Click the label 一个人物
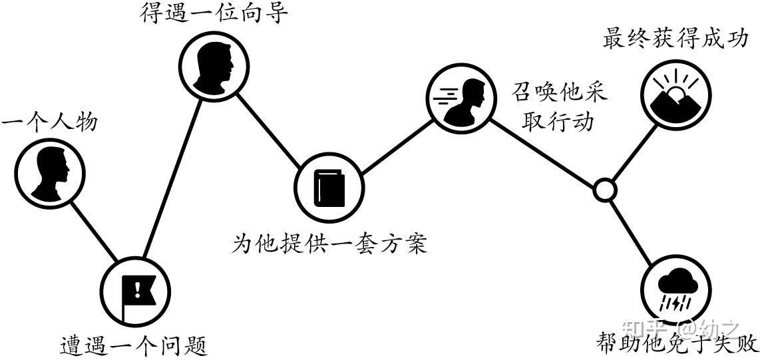click(x=50, y=123)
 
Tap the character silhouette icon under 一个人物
click(x=51, y=172)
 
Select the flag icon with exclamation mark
click(x=135, y=290)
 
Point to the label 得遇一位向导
click(x=214, y=13)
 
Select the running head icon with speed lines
click(x=461, y=97)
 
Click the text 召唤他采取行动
click(x=559, y=106)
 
